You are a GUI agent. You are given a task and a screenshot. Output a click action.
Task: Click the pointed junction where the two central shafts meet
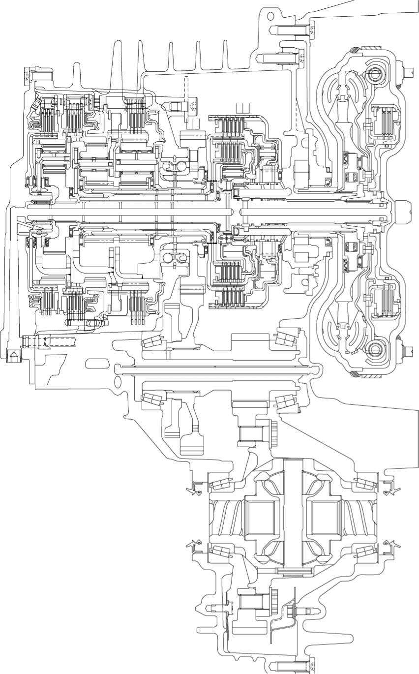click(235, 212)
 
